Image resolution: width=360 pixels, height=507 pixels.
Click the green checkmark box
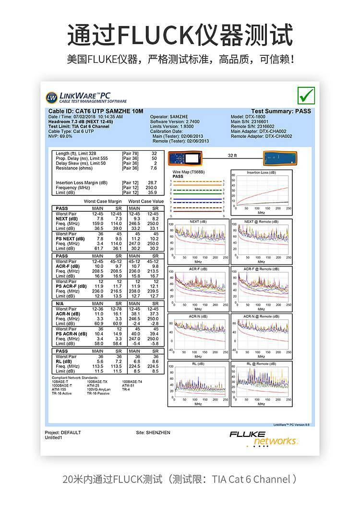point(306,95)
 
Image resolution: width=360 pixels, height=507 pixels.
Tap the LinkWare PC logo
point(87,97)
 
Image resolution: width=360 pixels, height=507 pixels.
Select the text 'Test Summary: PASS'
point(281,111)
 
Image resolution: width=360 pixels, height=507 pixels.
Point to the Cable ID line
point(96,111)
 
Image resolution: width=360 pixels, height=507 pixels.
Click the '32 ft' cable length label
point(232,156)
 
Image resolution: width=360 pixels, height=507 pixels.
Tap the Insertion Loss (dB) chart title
point(261,172)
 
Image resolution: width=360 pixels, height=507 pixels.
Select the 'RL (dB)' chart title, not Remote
point(198,364)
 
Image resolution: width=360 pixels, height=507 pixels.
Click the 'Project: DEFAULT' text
point(63,433)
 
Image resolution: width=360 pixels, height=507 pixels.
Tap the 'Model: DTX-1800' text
point(248,117)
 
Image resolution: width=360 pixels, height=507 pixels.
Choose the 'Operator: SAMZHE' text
point(166,117)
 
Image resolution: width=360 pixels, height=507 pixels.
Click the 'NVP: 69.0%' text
point(60,136)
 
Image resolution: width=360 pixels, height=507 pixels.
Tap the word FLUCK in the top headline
point(158,35)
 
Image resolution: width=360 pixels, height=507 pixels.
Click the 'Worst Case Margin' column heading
point(103,202)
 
